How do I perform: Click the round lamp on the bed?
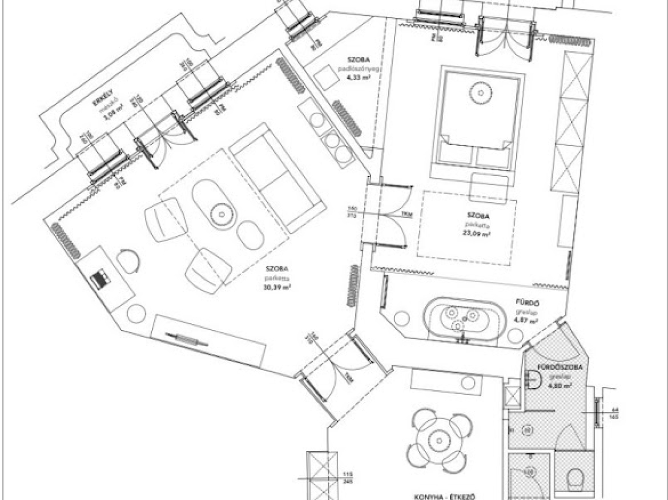[x=480, y=93]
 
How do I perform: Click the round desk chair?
[x=128, y=259]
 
